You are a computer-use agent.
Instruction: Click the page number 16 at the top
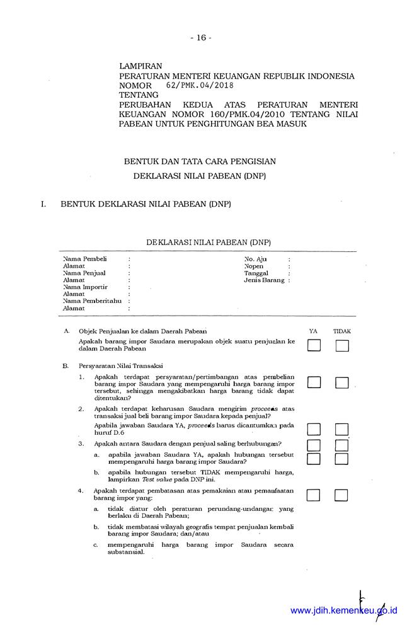click(200, 37)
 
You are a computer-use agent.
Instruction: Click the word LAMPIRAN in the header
click(140, 66)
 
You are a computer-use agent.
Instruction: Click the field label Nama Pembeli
click(85, 259)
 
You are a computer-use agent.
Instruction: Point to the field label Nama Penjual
click(84, 273)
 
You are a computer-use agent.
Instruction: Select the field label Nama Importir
click(85, 287)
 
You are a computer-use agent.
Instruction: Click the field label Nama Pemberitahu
click(92, 301)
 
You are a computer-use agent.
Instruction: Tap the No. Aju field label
click(256, 259)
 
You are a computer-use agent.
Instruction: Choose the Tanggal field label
click(256, 273)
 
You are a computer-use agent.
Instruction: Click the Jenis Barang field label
click(265, 280)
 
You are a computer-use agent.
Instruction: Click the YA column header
click(313, 331)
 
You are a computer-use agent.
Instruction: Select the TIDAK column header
click(342, 331)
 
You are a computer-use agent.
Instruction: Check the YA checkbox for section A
click(314, 345)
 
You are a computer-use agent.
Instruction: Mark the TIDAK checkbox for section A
click(342, 345)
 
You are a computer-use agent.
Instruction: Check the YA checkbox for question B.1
click(314, 382)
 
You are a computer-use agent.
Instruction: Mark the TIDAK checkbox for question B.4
click(341, 495)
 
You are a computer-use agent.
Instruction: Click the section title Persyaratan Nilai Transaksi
click(121, 365)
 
